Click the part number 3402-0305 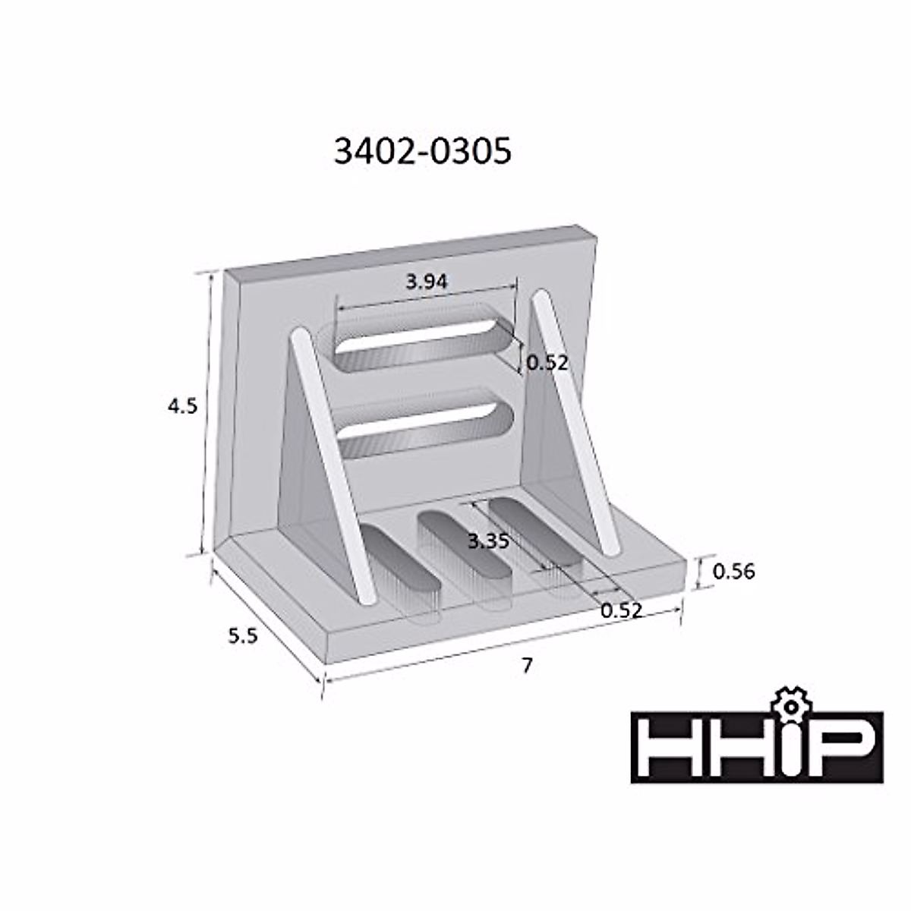[x=423, y=152]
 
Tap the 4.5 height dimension [x=183, y=406]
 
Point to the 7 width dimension [x=527, y=665]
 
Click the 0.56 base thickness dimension [x=734, y=571]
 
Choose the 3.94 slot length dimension [x=426, y=282]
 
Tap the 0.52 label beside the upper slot [x=547, y=363]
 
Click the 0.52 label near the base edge [x=621, y=609]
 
